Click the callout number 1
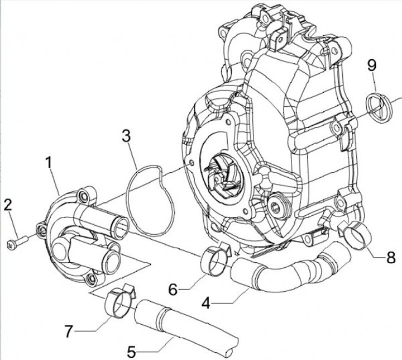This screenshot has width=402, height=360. [x=49, y=163]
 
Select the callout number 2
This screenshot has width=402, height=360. [x=7, y=205]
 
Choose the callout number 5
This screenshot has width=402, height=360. [x=132, y=352]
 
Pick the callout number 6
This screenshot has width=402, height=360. [x=173, y=289]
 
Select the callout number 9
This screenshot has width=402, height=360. [x=372, y=65]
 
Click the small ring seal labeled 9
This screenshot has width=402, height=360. [x=376, y=107]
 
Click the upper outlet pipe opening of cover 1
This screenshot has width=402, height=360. [x=121, y=226]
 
